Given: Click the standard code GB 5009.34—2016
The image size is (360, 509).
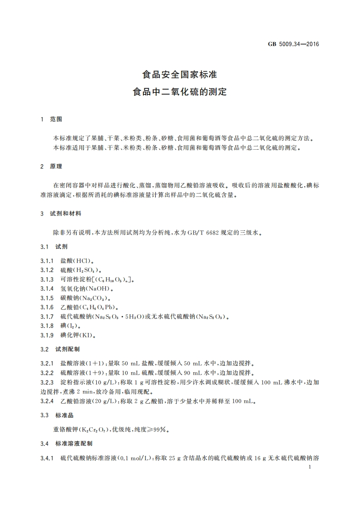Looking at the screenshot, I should point(295,44).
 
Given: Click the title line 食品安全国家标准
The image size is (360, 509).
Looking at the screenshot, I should point(180,74).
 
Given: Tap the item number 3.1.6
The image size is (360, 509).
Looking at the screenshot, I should point(47,308).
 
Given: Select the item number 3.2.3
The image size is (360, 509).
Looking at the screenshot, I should point(47,382).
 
